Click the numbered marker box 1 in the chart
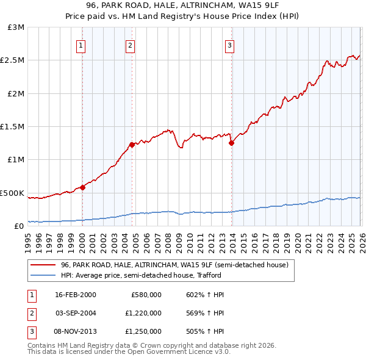click(x=81, y=45)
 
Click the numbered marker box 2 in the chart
click(x=131, y=45)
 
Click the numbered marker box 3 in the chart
click(x=230, y=45)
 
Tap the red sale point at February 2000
click(x=82, y=187)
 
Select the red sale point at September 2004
click(x=132, y=145)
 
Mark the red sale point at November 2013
click(x=231, y=143)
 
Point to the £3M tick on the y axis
click(x=16, y=27)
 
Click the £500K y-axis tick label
click(x=12, y=193)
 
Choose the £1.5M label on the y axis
click(x=12, y=127)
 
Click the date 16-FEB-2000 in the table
click(x=76, y=295)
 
